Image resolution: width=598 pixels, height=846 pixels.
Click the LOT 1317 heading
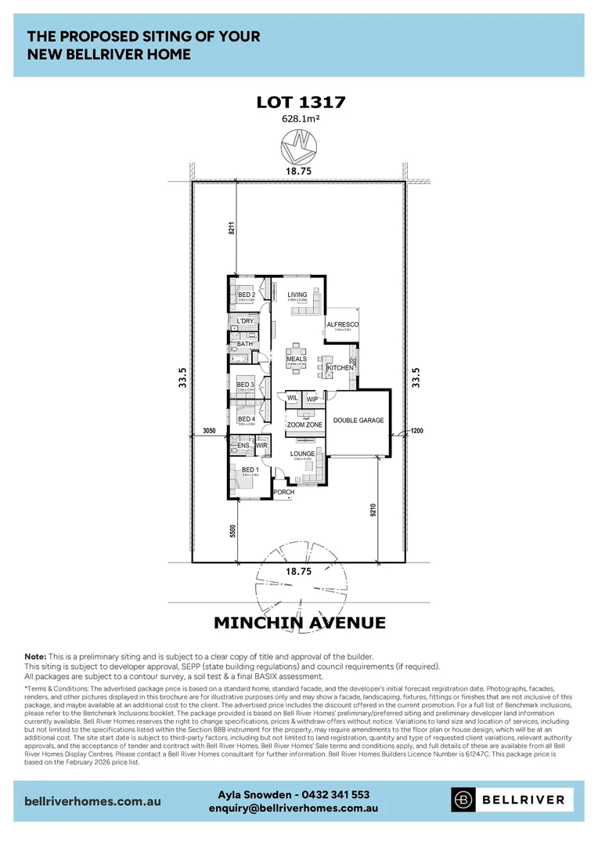(301, 102)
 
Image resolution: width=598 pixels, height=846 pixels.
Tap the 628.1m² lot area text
(301, 119)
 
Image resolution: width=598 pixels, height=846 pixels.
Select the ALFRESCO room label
(342, 324)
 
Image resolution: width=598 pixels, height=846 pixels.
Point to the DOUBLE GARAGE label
(358, 421)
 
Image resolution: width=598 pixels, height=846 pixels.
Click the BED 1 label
(250, 470)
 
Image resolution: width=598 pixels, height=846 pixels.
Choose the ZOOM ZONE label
(304, 425)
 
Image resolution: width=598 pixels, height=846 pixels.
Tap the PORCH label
(284, 492)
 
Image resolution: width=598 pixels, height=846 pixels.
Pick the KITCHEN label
(340, 367)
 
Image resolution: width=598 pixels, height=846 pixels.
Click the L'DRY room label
(246, 321)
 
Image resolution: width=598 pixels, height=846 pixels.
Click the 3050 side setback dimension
(208, 431)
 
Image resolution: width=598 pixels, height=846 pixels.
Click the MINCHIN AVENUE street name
(300, 624)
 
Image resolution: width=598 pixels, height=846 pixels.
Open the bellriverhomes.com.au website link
(93, 801)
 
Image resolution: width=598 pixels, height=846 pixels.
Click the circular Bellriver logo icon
(464, 800)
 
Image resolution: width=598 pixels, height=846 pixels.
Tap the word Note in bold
(35, 656)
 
